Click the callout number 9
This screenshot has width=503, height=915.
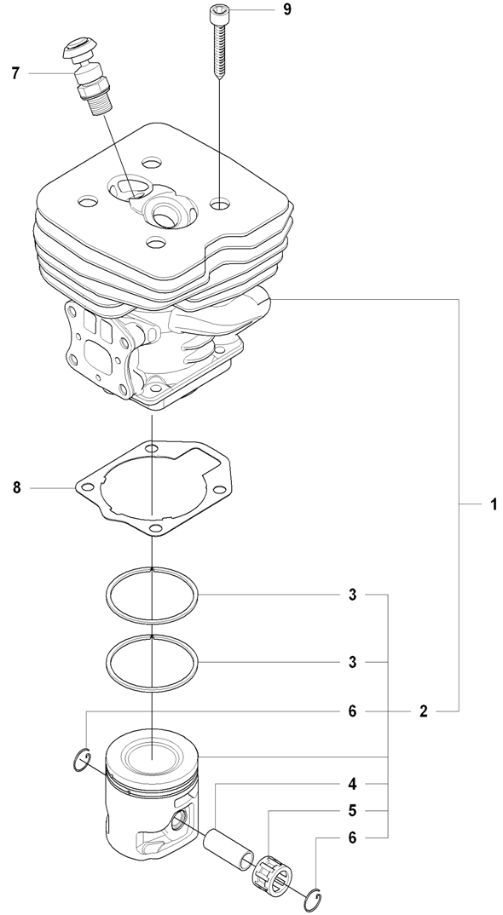(286, 10)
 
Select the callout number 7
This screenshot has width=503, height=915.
(16, 73)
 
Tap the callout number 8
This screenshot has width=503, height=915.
(17, 486)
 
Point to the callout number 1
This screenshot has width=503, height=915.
(493, 504)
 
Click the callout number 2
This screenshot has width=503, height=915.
(424, 711)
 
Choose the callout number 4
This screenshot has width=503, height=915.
(352, 784)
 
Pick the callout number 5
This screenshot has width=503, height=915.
(352, 810)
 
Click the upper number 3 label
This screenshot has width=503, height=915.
(352, 595)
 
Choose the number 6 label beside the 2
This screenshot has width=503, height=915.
(352, 711)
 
